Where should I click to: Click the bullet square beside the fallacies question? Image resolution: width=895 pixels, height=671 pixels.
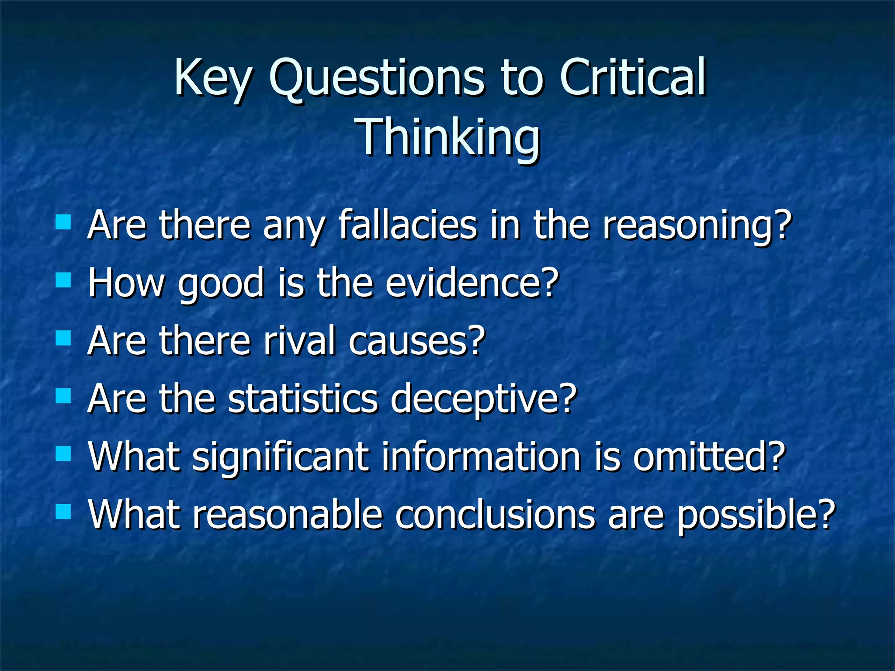pos(63,222)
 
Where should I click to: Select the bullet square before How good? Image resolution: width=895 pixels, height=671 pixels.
pos(63,280)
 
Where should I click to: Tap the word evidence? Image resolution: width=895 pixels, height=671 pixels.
pos(472,283)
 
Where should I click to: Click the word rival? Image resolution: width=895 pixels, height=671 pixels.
pos(299,340)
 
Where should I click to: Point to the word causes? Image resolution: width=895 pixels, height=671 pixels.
pos(417,340)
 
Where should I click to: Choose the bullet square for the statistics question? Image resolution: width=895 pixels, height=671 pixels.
pos(63,396)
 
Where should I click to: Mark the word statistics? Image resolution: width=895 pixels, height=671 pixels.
pos(302,398)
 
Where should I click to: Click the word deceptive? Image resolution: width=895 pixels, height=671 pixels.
pos(484,398)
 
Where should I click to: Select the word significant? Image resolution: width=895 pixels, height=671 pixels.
pos(280,457)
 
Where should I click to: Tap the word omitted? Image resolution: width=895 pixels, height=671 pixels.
pos(709,457)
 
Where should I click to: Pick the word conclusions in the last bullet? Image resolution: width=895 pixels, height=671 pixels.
pos(495,515)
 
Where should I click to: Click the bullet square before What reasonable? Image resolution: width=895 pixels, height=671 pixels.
pos(63,511)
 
